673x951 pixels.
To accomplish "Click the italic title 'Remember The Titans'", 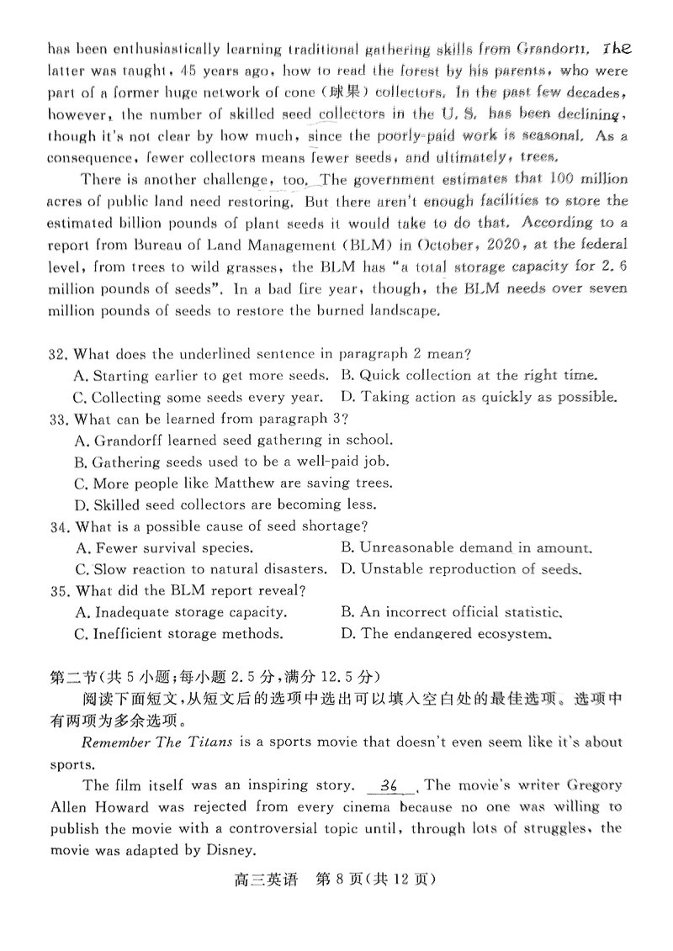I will pos(160,742).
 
